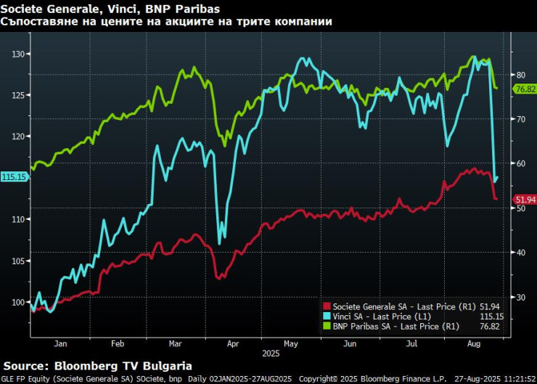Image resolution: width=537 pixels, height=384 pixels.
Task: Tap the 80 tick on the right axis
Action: point(520,75)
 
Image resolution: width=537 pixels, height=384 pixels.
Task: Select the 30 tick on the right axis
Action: point(520,297)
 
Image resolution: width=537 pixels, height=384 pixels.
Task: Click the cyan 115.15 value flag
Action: point(14,176)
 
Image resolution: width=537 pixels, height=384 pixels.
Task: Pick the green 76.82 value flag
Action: point(524,89)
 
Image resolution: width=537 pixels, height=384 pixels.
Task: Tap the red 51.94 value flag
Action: point(524,199)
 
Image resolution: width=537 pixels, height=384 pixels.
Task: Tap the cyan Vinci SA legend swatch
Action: point(327,316)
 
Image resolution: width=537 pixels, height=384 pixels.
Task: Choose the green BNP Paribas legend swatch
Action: point(327,326)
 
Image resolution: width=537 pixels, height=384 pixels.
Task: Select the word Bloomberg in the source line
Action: point(90,366)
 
